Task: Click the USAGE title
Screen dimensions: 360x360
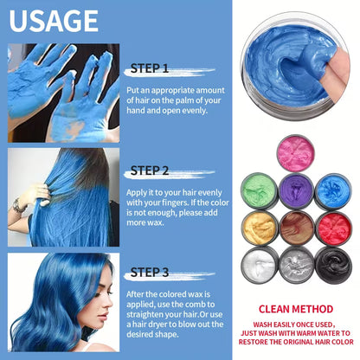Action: click(54, 21)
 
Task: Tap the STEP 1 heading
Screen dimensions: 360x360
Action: click(150, 68)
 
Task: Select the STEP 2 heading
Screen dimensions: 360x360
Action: click(150, 170)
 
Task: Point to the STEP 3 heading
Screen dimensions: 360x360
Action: click(150, 273)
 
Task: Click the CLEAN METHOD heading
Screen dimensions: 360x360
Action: click(296, 309)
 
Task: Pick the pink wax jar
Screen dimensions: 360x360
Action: click(296, 153)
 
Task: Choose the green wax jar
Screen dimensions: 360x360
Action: click(260, 190)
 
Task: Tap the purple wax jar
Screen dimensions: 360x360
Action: click(296, 190)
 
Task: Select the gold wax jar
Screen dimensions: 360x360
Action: click(260, 228)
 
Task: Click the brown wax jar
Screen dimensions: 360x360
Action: click(297, 228)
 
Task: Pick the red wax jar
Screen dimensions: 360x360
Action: click(333, 228)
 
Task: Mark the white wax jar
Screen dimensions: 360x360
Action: click(259, 265)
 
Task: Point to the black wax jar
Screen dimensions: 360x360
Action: click(333, 265)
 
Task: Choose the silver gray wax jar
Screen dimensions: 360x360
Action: click(296, 265)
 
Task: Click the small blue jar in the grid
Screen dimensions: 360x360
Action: click(333, 190)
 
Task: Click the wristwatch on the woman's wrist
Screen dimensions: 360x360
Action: click(18, 205)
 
